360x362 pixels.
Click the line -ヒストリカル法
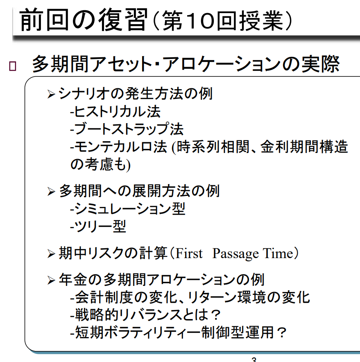click(x=115, y=111)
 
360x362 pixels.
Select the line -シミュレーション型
click(x=127, y=209)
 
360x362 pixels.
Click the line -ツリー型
click(x=98, y=226)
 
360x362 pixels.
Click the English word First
click(x=189, y=254)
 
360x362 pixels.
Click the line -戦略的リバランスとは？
click(x=145, y=315)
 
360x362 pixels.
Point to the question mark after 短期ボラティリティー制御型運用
click(x=281, y=332)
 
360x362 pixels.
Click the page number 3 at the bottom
click(x=254, y=360)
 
